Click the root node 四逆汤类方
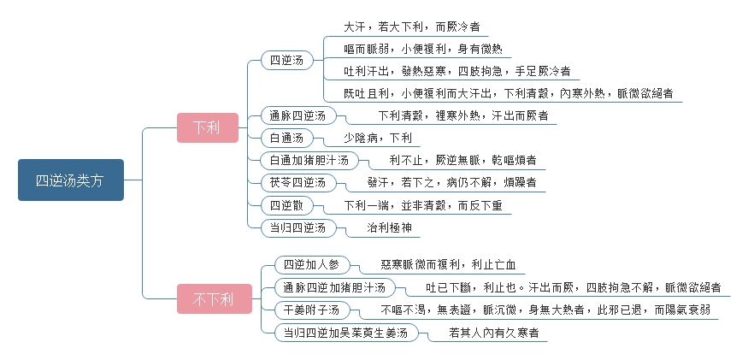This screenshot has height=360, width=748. pyautogui.click(x=71, y=180)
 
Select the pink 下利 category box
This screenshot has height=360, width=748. pyautogui.click(x=208, y=127)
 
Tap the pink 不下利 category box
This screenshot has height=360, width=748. pyautogui.click(x=215, y=299)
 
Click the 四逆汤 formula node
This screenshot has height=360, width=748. pyautogui.click(x=287, y=61)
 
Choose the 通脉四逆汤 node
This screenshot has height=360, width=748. pyautogui.click(x=298, y=116)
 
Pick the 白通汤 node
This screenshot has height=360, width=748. pyautogui.click(x=287, y=139)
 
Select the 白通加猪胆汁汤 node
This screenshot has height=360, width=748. pyautogui.click(x=309, y=161)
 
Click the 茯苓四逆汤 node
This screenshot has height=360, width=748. pyautogui.click(x=298, y=182)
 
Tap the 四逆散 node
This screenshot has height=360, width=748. pyautogui.click(x=287, y=206)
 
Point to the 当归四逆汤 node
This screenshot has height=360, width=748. pyautogui.click(x=298, y=227)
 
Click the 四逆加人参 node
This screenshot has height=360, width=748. pyautogui.click(x=313, y=265)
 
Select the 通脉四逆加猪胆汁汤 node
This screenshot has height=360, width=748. pyautogui.click(x=335, y=287)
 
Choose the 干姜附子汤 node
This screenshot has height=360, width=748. pyautogui.click(x=313, y=310)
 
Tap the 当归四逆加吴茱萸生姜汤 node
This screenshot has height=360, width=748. pyautogui.click(x=346, y=333)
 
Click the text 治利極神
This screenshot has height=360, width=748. pyautogui.click(x=389, y=227)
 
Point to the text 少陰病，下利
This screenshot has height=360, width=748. pyautogui.click(x=378, y=139)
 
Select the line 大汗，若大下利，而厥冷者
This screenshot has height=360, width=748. pyautogui.click(x=412, y=27)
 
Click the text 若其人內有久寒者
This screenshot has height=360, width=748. pyautogui.click(x=494, y=333)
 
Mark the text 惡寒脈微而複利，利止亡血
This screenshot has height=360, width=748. pyautogui.click(x=448, y=265)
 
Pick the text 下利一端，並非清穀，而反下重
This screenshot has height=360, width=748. pyautogui.click(x=423, y=206)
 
